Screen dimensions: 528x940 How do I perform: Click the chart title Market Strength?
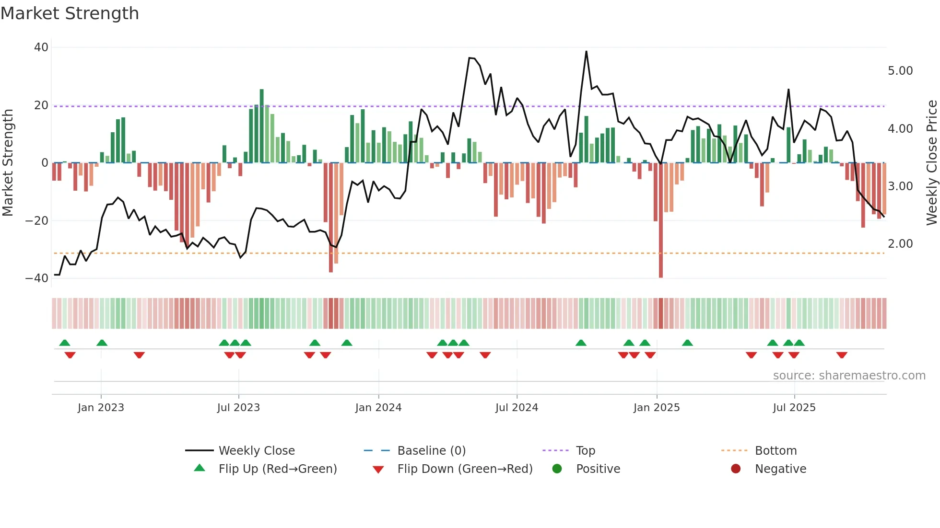click(x=70, y=13)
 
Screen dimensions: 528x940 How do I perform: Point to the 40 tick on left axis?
click(x=41, y=47)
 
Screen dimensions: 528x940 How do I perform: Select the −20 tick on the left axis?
click(x=37, y=221)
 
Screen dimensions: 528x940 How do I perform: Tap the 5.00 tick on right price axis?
click(x=900, y=71)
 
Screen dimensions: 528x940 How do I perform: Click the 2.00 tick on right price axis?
click(x=900, y=244)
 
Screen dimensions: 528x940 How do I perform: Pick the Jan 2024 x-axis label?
click(x=378, y=408)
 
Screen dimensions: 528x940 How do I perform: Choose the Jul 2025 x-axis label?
click(x=794, y=408)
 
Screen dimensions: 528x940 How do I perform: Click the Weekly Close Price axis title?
click(x=931, y=163)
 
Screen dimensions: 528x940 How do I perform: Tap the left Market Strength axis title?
click(x=8, y=163)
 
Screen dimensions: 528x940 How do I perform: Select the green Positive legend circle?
click(x=557, y=469)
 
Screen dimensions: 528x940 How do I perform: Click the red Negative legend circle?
click(x=736, y=469)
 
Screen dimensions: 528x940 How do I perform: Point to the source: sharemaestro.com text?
click(x=849, y=376)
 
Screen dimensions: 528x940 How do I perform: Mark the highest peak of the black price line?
click(x=586, y=52)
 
